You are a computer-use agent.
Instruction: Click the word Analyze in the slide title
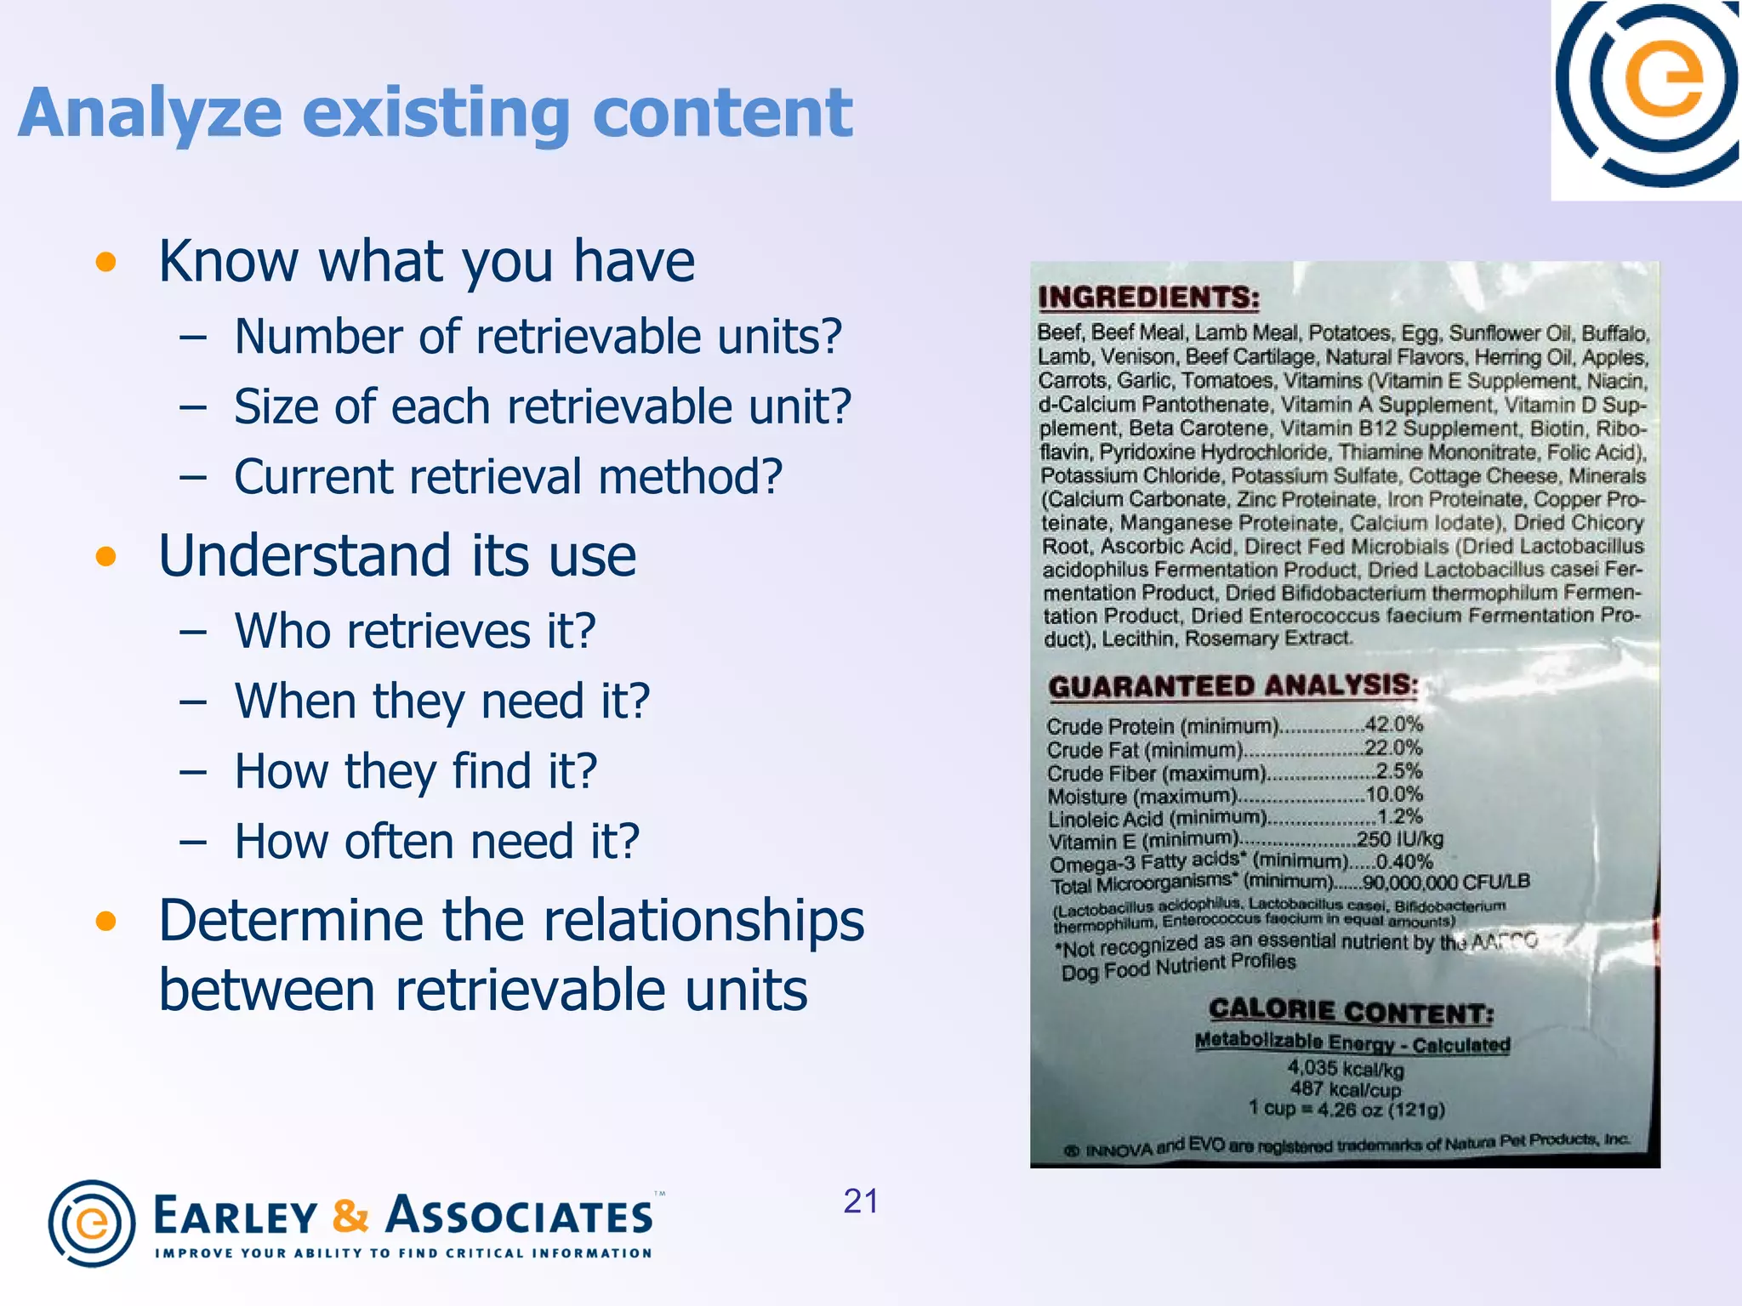(x=150, y=114)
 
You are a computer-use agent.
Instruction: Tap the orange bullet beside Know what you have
(x=105, y=262)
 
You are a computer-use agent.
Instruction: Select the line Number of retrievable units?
(x=538, y=337)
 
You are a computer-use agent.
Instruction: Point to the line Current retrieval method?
(x=508, y=477)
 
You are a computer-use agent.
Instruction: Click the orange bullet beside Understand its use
(x=105, y=557)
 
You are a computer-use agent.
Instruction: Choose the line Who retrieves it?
(x=415, y=632)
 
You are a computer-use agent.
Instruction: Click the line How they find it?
(x=416, y=772)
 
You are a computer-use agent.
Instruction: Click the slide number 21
(x=861, y=1201)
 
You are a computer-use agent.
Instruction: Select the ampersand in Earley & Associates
(x=350, y=1216)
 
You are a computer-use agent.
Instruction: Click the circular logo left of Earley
(x=92, y=1223)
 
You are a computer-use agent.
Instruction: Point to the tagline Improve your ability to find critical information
(x=403, y=1253)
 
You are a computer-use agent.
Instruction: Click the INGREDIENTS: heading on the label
(x=1148, y=298)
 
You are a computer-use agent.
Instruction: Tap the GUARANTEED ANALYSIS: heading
(x=1233, y=686)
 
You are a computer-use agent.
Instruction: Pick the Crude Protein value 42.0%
(x=1393, y=724)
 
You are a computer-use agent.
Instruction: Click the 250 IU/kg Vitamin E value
(x=1399, y=839)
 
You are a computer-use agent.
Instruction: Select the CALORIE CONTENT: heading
(x=1351, y=1011)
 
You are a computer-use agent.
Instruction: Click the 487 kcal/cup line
(x=1345, y=1089)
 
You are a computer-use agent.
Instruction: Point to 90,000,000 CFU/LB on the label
(x=1445, y=882)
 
